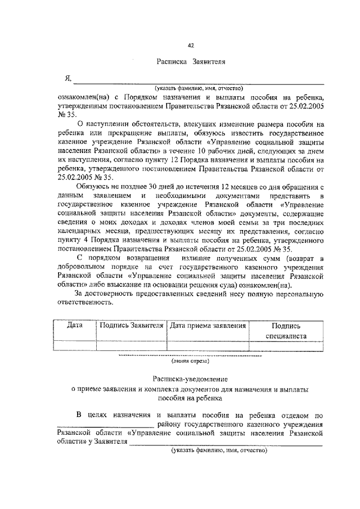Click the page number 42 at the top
(191, 46)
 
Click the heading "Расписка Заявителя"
(191, 65)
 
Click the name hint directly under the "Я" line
(199, 88)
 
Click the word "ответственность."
(85, 302)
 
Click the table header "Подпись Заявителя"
(131, 325)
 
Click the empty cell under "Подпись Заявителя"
(131, 346)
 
